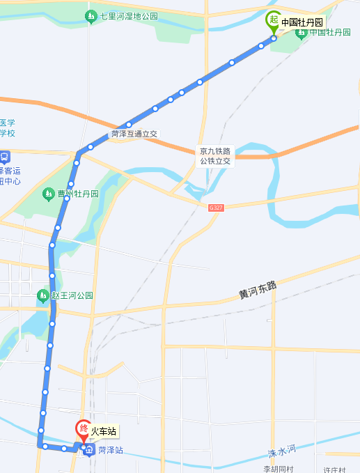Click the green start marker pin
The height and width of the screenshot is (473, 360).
(x=274, y=22)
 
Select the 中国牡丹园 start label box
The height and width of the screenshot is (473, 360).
(x=302, y=22)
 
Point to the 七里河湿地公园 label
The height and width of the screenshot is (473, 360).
(x=128, y=16)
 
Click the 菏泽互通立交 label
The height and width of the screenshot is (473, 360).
(x=135, y=134)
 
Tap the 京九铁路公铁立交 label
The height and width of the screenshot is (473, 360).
(x=214, y=156)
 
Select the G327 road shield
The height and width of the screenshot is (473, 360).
(x=217, y=208)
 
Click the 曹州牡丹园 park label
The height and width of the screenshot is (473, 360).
(x=78, y=193)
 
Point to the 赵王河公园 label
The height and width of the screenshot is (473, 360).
(x=72, y=295)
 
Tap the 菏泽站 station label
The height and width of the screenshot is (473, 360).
(x=110, y=451)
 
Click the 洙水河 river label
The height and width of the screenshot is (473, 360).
(x=282, y=452)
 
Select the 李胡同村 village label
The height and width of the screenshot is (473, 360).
(x=279, y=469)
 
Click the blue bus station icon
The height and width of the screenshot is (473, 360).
(x=4, y=157)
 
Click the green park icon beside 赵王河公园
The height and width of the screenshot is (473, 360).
(x=42, y=295)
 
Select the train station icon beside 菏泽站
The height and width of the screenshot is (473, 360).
(x=89, y=451)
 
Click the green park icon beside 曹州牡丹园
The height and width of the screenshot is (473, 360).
(x=48, y=193)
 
